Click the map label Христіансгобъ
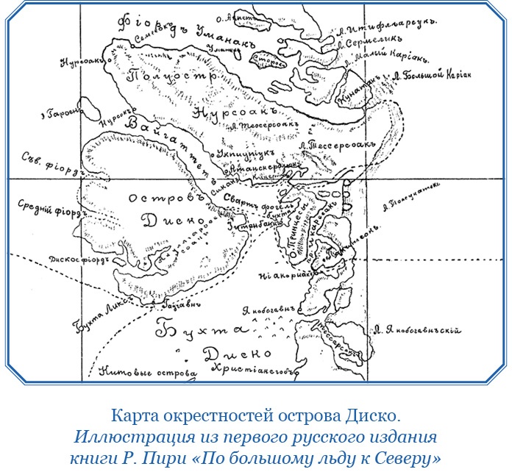254,369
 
